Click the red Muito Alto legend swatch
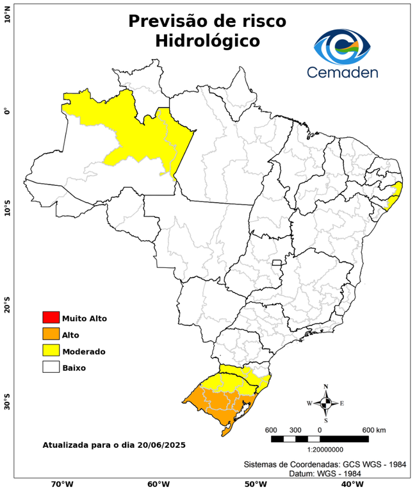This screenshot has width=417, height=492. (51, 317)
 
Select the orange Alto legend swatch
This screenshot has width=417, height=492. (51, 334)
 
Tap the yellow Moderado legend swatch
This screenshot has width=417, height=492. (51, 350)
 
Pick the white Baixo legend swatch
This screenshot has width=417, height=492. (51, 367)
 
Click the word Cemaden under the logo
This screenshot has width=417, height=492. (343, 72)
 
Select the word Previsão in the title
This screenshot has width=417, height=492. (166, 20)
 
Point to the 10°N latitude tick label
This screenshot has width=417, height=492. (7, 15)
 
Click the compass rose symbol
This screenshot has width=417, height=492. (325, 403)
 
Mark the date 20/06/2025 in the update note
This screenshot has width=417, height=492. (160, 444)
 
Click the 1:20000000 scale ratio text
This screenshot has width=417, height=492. (320, 450)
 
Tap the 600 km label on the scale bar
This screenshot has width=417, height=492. (374, 429)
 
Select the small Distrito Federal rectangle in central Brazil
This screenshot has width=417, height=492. (277, 262)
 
